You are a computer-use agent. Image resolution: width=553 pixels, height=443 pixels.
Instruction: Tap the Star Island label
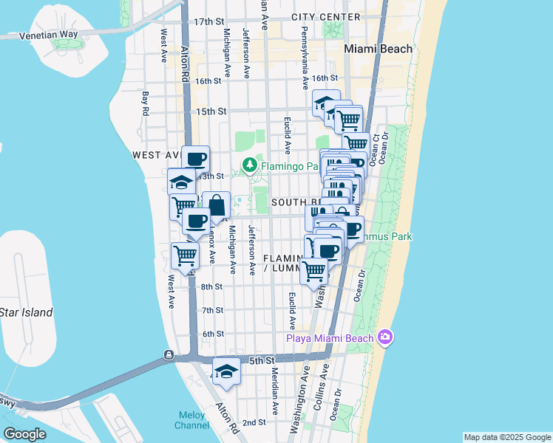[27, 312]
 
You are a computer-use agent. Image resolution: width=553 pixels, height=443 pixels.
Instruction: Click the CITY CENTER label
[326, 16]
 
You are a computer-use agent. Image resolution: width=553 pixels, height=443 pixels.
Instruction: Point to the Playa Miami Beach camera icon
[384, 338]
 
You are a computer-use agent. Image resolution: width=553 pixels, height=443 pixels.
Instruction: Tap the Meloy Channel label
[191, 419]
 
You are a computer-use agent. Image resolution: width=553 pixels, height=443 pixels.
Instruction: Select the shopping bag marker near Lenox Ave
[216, 206]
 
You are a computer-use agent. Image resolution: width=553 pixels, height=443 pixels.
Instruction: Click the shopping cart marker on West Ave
[185, 256]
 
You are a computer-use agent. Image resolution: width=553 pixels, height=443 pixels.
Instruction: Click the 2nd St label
[254, 422]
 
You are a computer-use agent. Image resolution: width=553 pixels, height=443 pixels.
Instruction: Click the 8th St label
[212, 286]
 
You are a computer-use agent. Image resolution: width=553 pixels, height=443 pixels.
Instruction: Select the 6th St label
[213, 334]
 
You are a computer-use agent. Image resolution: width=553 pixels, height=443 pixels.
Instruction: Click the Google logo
[24, 433]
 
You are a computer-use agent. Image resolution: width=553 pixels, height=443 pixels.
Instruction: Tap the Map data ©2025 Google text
[506, 437]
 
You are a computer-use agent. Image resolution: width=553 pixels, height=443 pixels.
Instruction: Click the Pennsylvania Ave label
[304, 57]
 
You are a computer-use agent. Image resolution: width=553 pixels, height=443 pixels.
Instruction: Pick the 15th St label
[211, 111]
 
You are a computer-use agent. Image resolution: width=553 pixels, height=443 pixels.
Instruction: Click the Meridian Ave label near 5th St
[274, 391]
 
